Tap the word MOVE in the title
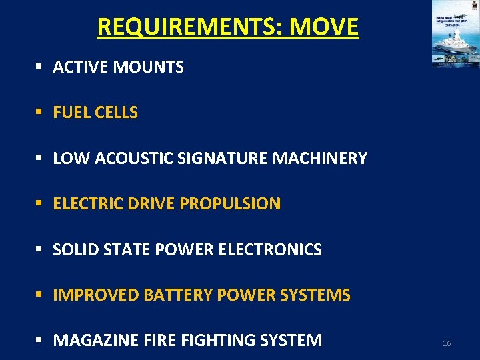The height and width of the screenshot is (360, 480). coord(324,27)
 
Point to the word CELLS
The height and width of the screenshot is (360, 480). coord(116,113)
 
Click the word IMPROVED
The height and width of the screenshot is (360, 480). coord(96,295)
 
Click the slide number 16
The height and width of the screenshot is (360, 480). coord(447,343)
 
